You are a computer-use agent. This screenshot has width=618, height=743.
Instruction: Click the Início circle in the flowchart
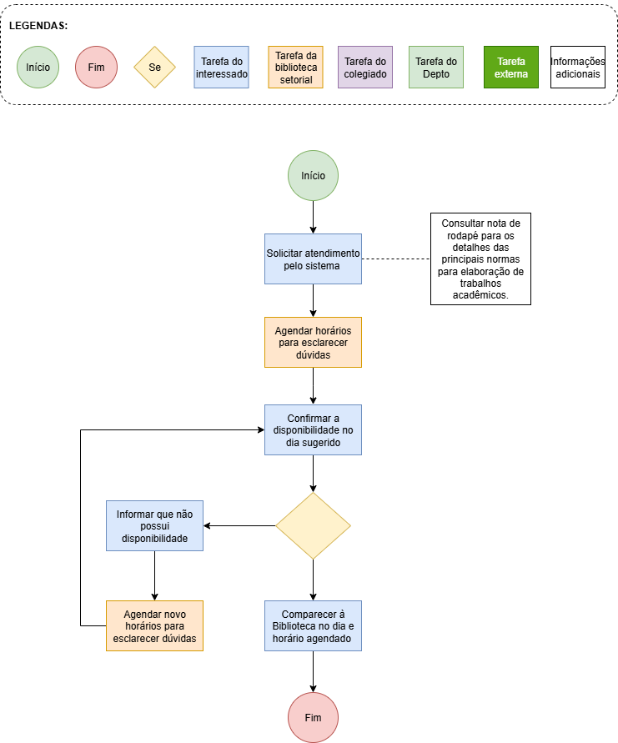313,175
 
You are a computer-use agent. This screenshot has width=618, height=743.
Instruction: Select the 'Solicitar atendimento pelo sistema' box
313,259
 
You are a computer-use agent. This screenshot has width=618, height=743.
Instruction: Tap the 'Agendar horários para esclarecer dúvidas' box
313,342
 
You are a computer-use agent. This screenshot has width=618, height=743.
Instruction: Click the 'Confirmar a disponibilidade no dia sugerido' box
313,429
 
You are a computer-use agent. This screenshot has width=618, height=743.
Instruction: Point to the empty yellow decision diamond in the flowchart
313,525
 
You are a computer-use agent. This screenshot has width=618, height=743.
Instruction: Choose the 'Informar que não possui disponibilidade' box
154,525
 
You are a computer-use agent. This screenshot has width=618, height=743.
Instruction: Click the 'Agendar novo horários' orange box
154,626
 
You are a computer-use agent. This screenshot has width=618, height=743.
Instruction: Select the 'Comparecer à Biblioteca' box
313,626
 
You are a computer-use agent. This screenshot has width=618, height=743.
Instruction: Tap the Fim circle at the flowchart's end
313,717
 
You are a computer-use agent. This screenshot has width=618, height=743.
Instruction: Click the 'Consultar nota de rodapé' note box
480,259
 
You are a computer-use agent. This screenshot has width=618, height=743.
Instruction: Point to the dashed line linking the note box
396,259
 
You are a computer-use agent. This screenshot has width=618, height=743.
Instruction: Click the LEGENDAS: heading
38,26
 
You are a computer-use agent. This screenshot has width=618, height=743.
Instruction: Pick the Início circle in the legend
38,67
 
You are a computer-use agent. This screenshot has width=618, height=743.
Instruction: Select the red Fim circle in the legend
96,67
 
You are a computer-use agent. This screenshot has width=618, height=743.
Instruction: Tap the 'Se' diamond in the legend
154,67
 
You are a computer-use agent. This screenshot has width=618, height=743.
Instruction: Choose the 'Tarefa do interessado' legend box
221,67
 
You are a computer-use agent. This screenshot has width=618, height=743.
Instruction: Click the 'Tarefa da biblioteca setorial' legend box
296,67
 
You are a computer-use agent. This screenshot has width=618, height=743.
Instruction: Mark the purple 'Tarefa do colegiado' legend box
365,67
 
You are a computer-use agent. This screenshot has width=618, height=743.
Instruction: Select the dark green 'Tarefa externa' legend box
511,67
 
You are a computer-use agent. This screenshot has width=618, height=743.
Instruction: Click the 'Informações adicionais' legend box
578,67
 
